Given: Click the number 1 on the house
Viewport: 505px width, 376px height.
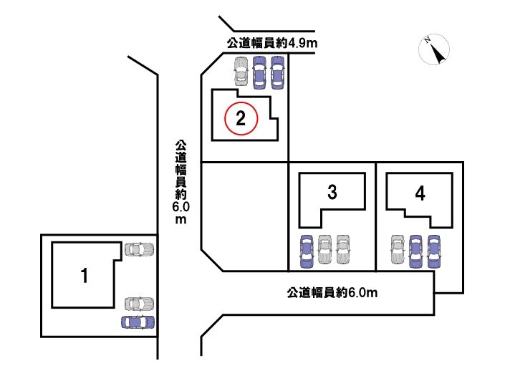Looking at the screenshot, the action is pyautogui.click(x=85, y=276).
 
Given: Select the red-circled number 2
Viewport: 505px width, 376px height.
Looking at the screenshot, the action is pyautogui.click(x=241, y=118).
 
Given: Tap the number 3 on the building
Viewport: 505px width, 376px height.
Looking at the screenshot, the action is pyautogui.click(x=332, y=192).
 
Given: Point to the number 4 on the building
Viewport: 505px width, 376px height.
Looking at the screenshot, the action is pyautogui.click(x=420, y=194).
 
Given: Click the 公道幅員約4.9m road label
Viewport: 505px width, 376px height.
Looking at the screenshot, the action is pyautogui.click(x=272, y=43).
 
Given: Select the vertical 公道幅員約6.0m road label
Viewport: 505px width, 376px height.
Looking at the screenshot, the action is pyautogui.click(x=181, y=182).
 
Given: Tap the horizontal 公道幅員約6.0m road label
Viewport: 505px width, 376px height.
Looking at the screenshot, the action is pyautogui.click(x=332, y=293).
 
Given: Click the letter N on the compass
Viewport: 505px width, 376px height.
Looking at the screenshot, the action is pyautogui.click(x=428, y=40).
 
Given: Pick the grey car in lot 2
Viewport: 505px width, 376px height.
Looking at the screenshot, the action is pyautogui.click(x=241, y=72).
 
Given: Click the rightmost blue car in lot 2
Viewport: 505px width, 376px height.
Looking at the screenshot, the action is pyautogui.click(x=278, y=72).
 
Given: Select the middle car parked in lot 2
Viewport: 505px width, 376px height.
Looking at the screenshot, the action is pyautogui.click(x=259, y=72).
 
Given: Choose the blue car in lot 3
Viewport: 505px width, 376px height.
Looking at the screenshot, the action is pyautogui.click(x=307, y=251).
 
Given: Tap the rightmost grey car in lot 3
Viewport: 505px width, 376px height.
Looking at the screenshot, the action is pyautogui.click(x=343, y=249).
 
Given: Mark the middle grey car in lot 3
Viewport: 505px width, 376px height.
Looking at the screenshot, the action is pyautogui.click(x=324, y=249).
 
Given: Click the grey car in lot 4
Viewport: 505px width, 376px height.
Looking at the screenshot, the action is pyautogui.click(x=398, y=249).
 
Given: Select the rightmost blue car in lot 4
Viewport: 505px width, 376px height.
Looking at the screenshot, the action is pyautogui.click(x=434, y=251).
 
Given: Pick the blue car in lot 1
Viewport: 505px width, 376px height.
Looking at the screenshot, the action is pyautogui.click(x=138, y=322).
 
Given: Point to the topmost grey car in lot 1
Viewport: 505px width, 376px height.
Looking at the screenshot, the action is pyautogui.click(x=139, y=249).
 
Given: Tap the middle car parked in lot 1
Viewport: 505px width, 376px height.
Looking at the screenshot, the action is pyautogui.click(x=139, y=304).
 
